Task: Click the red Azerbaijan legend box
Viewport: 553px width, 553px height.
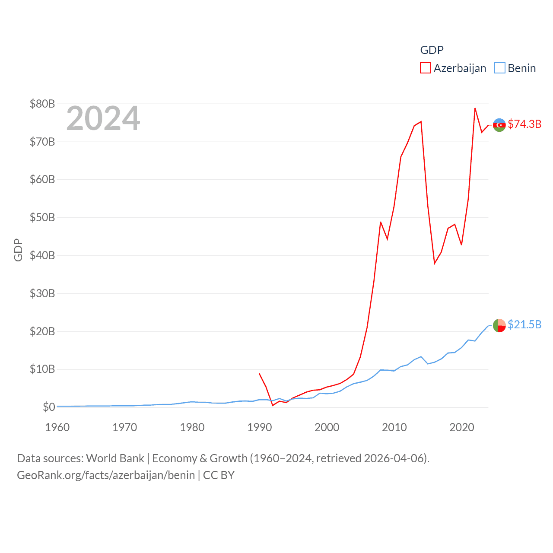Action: point(426,68)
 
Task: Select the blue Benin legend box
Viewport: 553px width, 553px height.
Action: point(500,68)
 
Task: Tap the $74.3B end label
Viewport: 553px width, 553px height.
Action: point(524,124)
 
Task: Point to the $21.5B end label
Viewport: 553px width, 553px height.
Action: point(524,324)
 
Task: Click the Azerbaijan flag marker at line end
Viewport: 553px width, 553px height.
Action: point(499,125)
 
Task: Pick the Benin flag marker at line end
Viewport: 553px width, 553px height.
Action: point(499,325)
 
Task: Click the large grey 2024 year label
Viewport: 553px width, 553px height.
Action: point(103,118)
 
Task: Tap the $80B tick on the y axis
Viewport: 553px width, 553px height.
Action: point(42,104)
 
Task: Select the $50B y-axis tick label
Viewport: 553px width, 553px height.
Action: point(42,217)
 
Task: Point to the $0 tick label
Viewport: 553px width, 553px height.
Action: point(49,407)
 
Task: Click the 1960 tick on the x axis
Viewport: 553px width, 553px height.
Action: point(57,427)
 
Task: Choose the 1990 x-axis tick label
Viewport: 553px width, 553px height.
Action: point(260,427)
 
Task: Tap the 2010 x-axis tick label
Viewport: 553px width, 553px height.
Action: point(394,427)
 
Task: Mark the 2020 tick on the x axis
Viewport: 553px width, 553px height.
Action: point(462,427)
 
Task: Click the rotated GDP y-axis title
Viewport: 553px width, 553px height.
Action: point(18,250)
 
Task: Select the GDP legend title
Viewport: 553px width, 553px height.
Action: point(432,50)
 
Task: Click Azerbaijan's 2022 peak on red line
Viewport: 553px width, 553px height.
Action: point(475,108)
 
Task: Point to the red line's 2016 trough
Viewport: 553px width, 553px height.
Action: point(435,264)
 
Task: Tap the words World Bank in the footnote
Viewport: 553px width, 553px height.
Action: point(115,458)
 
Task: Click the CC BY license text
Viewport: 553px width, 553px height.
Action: point(219,475)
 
